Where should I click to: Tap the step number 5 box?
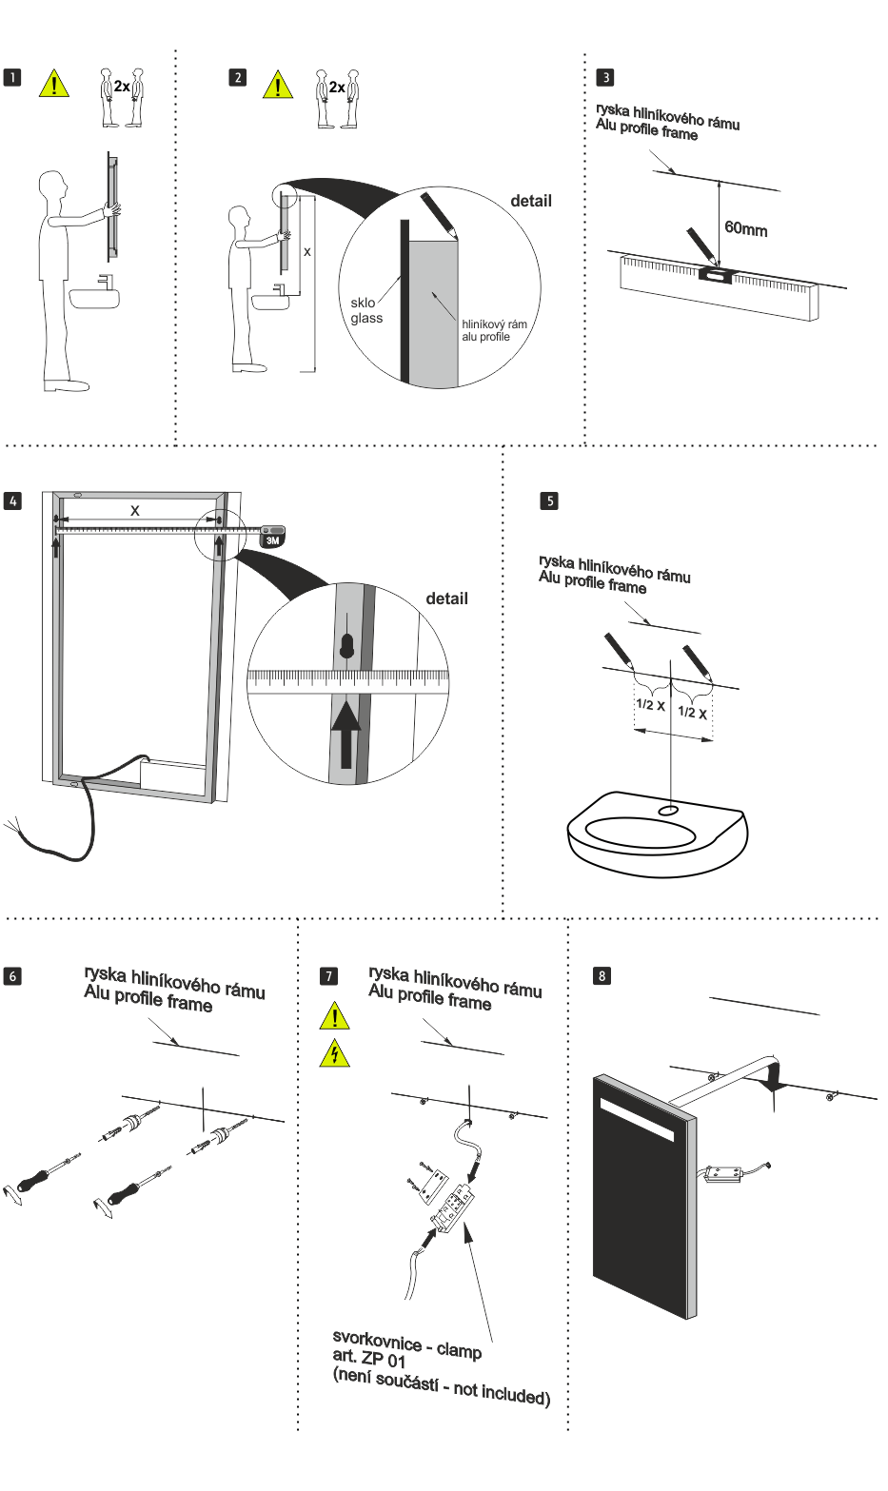(x=549, y=500)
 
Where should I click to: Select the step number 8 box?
(x=602, y=975)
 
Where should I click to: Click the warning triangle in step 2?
(x=278, y=86)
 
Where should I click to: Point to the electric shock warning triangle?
(x=334, y=1053)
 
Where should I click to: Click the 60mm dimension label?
(x=745, y=228)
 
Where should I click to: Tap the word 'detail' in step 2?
(x=530, y=201)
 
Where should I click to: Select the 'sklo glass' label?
(x=365, y=310)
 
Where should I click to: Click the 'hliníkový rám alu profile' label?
(x=493, y=330)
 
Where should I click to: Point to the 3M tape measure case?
(x=272, y=536)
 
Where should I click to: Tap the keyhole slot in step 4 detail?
(x=347, y=646)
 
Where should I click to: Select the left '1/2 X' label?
(x=650, y=705)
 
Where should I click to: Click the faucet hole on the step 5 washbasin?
(x=668, y=811)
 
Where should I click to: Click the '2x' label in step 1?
(x=122, y=87)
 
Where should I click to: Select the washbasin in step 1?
(x=94, y=298)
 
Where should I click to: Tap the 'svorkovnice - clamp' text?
(x=406, y=1344)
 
